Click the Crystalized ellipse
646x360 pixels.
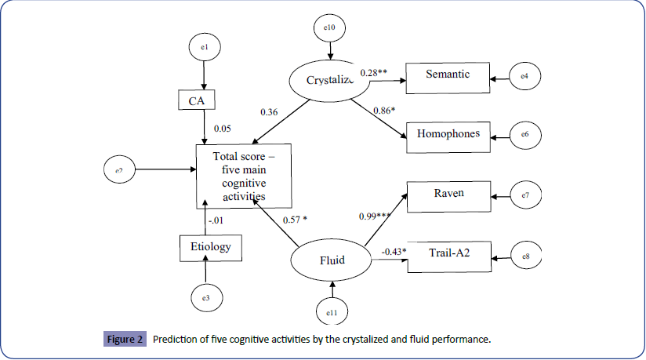point(330,79)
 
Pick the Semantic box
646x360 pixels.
point(447,75)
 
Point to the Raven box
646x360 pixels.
point(447,193)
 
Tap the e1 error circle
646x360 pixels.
point(204,49)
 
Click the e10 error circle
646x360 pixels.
point(330,28)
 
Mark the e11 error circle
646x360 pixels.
point(332,314)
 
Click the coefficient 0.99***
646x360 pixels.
point(375,216)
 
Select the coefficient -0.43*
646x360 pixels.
point(394,251)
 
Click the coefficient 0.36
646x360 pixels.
point(269,111)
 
